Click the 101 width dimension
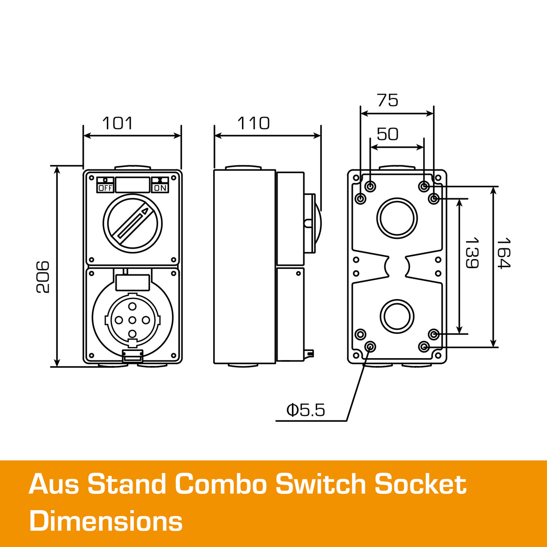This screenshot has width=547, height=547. [x=118, y=123]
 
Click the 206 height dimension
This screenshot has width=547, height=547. [x=43, y=277]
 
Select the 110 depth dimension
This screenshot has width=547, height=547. [x=253, y=123]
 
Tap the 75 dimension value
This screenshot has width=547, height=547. [x=387, y=100]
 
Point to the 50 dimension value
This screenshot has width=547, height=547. [x=387, y=134]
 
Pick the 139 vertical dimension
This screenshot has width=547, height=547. [x=471, y=253]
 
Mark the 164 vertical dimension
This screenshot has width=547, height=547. [x=503, y=253]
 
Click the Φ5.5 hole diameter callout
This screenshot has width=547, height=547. [x=305, y=410]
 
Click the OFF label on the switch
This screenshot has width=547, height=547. [x=105, y=188]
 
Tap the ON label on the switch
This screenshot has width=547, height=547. [x=160, y=188]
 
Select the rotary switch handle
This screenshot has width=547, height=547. [x=133, y=223]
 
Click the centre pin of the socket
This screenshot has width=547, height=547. [x=132, y=320]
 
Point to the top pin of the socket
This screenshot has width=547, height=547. [x=132, y=306]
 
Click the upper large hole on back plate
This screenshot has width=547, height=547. [x=397, y=218]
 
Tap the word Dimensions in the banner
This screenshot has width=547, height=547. [x=106, y=521]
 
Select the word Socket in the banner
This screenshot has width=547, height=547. [x=420, y=484]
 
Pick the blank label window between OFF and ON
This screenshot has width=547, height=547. [x=132, y=185]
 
